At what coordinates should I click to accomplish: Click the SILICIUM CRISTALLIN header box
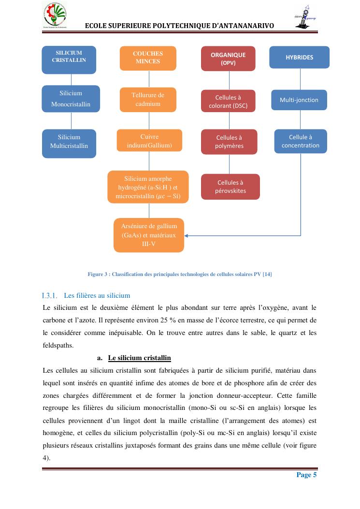tap(69, 59)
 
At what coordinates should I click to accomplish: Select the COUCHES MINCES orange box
tap(148, 58)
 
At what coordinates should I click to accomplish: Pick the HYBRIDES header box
tap(299, 58)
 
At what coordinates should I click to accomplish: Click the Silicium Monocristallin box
tap(71, 99)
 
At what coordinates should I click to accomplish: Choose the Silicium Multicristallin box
tap(69, 143)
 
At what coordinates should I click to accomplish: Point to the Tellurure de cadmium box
tap(148, 100)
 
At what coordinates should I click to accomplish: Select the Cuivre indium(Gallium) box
tap(149, 141)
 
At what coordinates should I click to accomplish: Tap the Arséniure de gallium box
tap(149, 235)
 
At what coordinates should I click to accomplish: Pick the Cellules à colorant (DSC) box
tap(228, 102)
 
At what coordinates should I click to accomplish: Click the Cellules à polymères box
tap(230, 142)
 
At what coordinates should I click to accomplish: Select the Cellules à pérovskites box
tap(230, 187)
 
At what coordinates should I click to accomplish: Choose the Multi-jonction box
tap(299, 100)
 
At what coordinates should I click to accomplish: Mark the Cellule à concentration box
tap(301, 141)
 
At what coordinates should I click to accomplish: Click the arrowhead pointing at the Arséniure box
tap(187, 235)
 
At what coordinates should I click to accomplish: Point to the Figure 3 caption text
tap(180, 275)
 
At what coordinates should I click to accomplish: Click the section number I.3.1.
tap(50, 295)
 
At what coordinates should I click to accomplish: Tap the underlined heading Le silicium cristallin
tap(140, 358)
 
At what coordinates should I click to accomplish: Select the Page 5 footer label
tap(306, 475)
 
